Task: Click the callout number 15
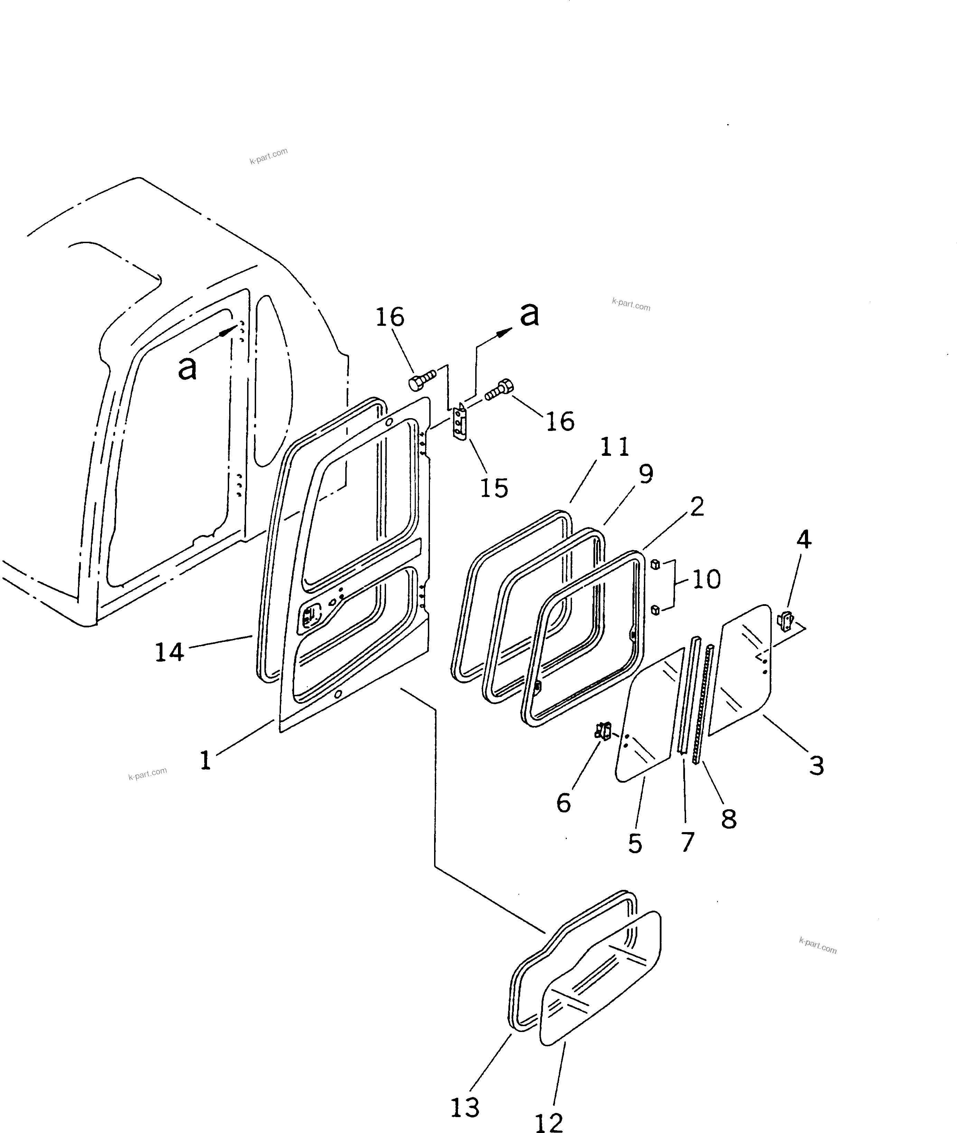(494, 488)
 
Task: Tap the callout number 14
(169, 652)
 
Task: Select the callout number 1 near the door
(205, 760)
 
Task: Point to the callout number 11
(615, 447)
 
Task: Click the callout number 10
(706, 579)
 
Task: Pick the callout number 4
(804, 539)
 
